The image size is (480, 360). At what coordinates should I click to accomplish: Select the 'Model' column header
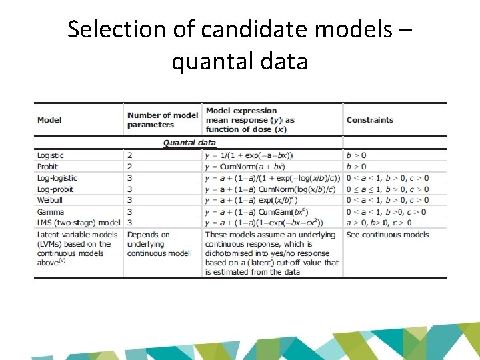coord(49,120)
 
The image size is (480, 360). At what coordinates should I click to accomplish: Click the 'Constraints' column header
coord(369,120)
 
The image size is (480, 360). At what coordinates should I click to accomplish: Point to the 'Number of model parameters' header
coord(162,120)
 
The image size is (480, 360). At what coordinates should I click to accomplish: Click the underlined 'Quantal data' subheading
coord(189,143)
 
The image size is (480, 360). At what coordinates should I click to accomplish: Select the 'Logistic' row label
coord(51,155)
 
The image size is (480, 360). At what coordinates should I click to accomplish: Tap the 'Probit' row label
coord(47,167)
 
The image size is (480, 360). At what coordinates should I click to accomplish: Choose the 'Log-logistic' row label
coord(57,178)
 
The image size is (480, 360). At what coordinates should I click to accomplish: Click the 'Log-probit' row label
coord(55,189)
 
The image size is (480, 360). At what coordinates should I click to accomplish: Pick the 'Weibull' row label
coord(49,200)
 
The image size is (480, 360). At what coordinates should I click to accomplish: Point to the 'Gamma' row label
coord(50,212)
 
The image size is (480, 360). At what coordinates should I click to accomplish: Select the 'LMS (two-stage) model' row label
coord(79,223)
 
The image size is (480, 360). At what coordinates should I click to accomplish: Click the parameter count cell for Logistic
coord(130,155)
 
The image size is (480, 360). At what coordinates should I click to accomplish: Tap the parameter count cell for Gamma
coord(130,212)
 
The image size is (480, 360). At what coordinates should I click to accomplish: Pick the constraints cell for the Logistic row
coord(356,155)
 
